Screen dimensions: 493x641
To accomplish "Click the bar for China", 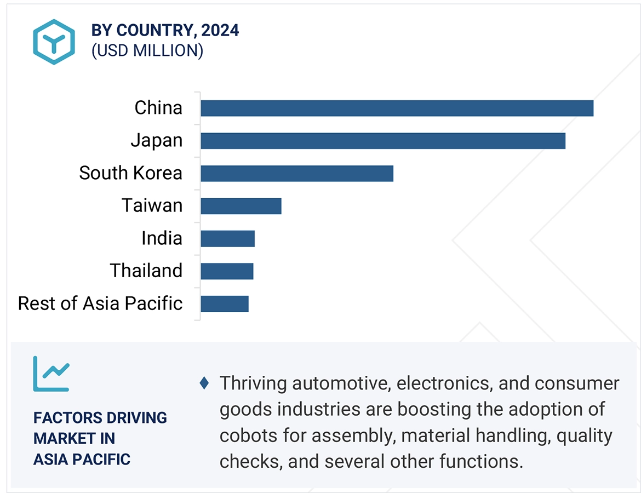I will (397, 108).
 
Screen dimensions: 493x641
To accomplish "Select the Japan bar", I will (382, 141).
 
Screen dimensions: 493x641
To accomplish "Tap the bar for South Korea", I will (296, 173).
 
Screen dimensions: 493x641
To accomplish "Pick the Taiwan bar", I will (241, 206).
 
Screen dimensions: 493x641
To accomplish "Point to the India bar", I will (227, 239).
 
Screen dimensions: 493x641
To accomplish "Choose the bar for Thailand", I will (227, 271).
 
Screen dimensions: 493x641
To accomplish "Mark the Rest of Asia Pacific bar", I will (224, 303).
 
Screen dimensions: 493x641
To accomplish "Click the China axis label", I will (158, 108).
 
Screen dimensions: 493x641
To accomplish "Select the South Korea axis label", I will (130, 173).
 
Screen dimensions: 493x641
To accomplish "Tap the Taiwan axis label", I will (152, 206).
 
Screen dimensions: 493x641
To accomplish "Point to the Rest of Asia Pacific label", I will (100, 303).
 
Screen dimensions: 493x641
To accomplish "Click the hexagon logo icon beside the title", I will (53, 42).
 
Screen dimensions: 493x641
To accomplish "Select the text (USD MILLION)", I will (147, 51).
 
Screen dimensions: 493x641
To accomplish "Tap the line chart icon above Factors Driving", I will (51, 374).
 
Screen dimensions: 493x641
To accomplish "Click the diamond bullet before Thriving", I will (204, 383).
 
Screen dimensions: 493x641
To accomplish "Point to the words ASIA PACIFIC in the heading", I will (82, 459).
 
